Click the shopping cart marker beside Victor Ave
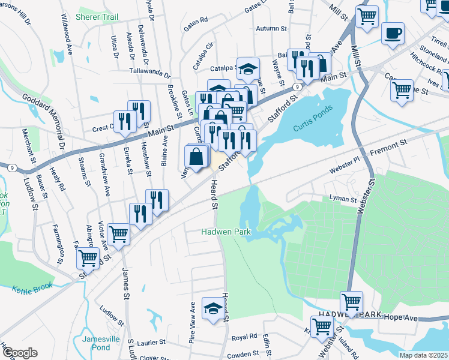(x=118, y=234)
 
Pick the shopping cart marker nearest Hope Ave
(x=351, y=302)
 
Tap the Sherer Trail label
(x=97, y=17)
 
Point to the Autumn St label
(x=271, y=28)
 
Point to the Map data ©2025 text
(x=423, y=355)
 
